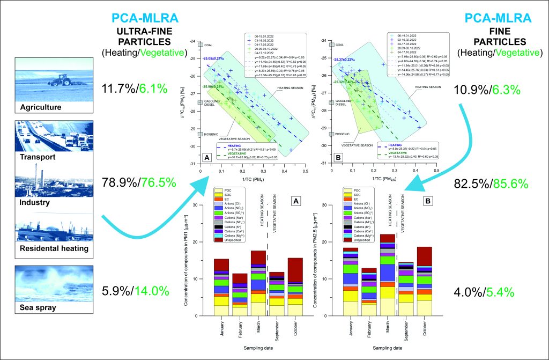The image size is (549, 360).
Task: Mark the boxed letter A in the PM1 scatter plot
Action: (207, 158)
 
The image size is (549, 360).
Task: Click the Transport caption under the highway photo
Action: (39, 158)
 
